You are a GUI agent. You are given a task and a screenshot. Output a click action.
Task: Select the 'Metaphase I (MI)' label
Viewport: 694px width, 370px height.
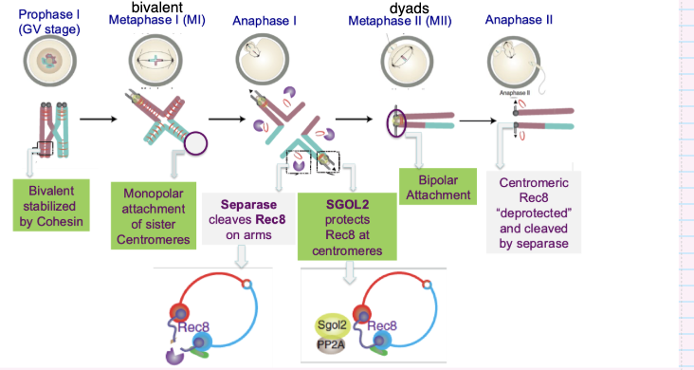(x=156, y=20)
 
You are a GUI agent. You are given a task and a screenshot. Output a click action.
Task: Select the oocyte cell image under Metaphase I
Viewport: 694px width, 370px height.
(x=155, y=60)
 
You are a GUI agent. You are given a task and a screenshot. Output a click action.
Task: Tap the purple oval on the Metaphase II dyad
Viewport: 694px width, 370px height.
(x=396, y=122)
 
